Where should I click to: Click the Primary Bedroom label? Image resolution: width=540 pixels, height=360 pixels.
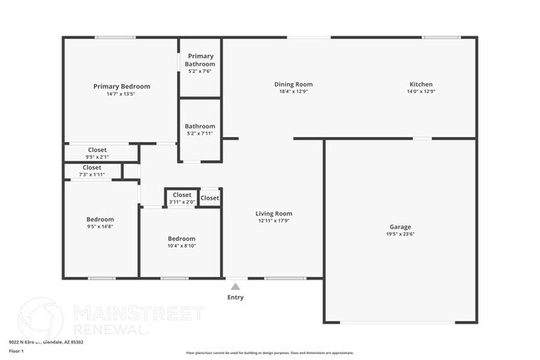pos(121,86)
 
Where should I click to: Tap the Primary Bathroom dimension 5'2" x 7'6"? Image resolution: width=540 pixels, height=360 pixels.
pos(199,72)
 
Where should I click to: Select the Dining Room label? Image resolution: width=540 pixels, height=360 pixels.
pos(293,84)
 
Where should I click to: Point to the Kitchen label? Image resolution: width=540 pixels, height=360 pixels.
pos(420,84)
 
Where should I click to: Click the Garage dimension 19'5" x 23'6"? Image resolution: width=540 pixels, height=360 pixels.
pos(400,234)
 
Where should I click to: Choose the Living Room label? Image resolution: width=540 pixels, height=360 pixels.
pos(273,214)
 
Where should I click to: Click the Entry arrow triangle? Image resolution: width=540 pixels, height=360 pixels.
pos(235,287)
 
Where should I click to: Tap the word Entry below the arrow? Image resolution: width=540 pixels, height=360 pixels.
pos(235,298)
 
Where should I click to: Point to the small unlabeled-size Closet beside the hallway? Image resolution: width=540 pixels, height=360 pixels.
pos(209,198)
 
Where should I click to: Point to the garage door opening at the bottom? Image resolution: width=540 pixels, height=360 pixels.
pos(400,322)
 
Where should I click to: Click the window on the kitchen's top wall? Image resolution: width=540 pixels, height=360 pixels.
pos(441,37)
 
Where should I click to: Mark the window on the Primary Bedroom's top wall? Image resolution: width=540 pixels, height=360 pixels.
pos(115,37)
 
